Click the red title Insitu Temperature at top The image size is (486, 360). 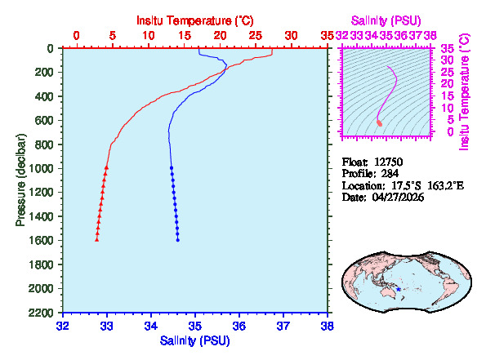click(194, 19)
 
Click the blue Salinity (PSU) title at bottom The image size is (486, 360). click(194, 340)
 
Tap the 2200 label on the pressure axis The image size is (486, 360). click(43, 313)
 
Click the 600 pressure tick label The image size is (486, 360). click(47, 121)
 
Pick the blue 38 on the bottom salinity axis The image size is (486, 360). click(327, 325)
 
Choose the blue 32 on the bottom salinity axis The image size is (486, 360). click(62, 325)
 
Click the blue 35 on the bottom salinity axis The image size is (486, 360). click(194, 325)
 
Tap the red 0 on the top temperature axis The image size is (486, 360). click(77, 36)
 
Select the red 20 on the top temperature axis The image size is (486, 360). click(221, 36)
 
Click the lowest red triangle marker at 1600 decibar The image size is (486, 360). click(97, 239)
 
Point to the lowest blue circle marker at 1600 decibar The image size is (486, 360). click(178, 240)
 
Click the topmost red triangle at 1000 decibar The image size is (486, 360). click(106, 167)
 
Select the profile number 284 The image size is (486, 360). click(387, 174)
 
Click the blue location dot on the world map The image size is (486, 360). click(398, 290)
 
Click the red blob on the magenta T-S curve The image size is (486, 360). click(379, 122)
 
